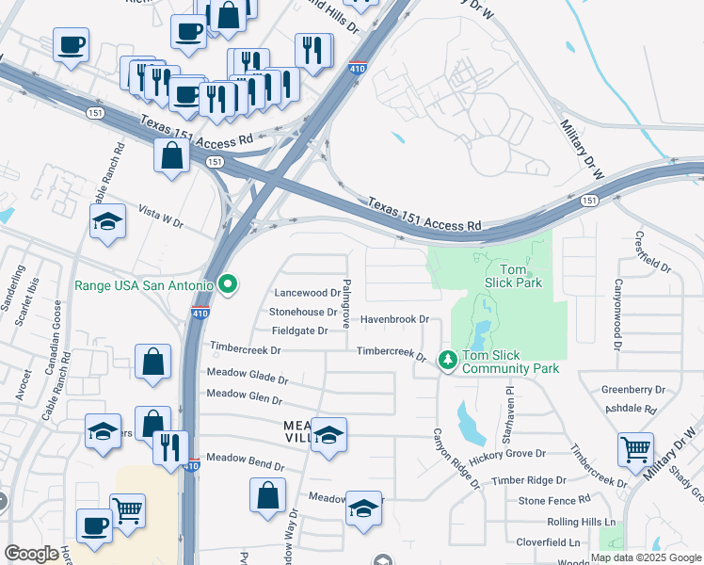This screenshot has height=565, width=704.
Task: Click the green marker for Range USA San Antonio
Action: (227, 282)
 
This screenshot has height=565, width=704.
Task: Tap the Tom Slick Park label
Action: (513, 274)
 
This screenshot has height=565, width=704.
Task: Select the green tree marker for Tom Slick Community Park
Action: (448, 360)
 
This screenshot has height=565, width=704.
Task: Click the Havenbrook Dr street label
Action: (393, 320)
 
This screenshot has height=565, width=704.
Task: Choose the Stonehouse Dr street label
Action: (303, 312)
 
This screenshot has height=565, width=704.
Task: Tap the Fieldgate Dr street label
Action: (299, 331)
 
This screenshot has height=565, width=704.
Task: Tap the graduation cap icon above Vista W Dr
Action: (108, 222)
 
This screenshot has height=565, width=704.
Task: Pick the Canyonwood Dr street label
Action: (618, 315)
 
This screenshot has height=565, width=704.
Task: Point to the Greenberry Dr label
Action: (633, 389)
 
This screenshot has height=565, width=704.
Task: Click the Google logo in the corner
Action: (31, 554)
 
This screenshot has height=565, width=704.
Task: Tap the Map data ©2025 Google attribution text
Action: (646, 557)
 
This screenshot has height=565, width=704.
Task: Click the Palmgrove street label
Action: (346, 302)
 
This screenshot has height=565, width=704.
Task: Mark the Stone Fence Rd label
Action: (553, 499)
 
